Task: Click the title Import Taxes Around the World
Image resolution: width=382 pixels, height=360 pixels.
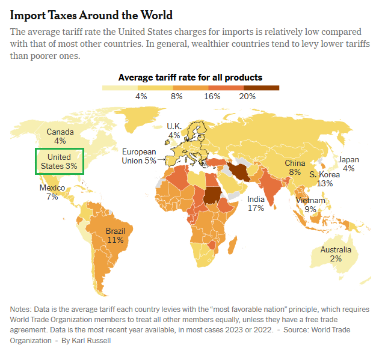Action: click(x=91, y=15)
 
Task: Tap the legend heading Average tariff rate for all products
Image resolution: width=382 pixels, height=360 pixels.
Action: click(x=190, y=77)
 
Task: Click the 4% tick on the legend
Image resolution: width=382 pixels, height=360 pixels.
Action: click(x=141, y=96)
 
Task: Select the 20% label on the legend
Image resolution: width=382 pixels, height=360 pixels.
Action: click(x=247, y=96)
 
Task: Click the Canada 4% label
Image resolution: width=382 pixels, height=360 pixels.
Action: click(x=60, y=136)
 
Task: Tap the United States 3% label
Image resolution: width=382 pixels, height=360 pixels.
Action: click(x=59, y=162)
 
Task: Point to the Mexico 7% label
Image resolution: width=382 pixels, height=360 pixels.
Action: click(x=52, y=192)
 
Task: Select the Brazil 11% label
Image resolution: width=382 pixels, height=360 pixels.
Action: click(x=115, y=235)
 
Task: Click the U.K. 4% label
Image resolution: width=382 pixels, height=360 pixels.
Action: click(x=174, y=130)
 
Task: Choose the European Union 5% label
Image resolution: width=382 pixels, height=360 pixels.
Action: click(x=139, y=156)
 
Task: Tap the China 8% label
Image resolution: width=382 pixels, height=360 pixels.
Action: click(x=295, y=167)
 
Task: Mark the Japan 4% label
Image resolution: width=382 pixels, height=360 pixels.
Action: click(x=348, y=164)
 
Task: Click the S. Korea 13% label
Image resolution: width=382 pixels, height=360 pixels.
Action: click(x=325, y=178)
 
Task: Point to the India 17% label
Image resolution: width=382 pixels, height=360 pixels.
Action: click(x=256, y=203)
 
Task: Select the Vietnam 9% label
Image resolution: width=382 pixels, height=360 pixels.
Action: click(x=310, y=205)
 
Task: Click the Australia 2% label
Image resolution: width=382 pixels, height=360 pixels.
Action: click(x=336, y=254)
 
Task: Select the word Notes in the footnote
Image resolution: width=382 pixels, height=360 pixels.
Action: click(x=21, y=309)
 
